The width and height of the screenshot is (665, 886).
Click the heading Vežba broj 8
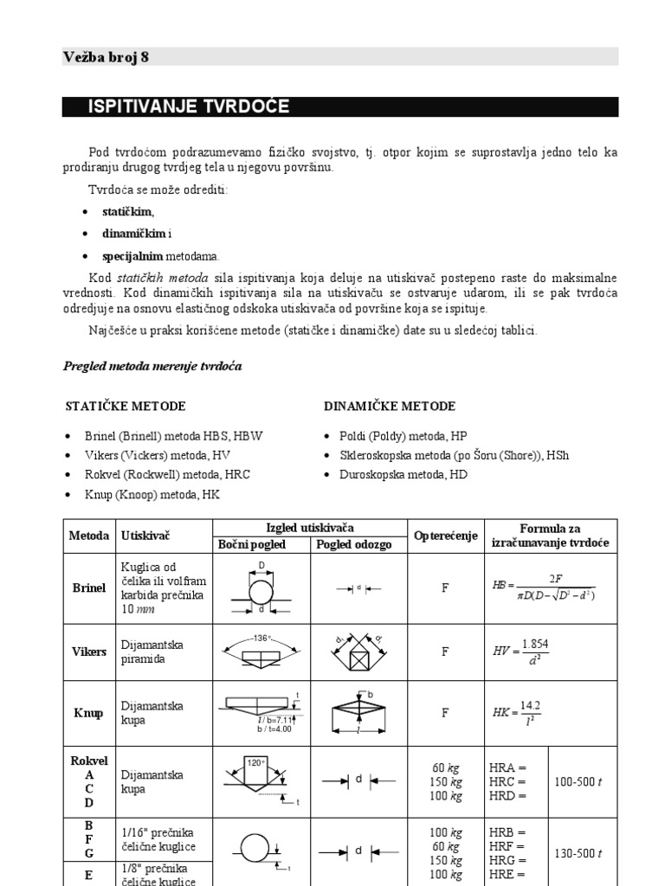click(106, 57)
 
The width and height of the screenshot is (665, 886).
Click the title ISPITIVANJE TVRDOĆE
click(188, 107)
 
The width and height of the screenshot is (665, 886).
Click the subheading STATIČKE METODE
click(126, 406)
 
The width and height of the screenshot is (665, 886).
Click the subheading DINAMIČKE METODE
click(390, 406)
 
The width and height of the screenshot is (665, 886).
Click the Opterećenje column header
click(445, 536)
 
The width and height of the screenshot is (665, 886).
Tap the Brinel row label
click(88, 588)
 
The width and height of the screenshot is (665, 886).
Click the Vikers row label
click(88, 652)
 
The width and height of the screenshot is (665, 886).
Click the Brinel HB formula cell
click(545, 588)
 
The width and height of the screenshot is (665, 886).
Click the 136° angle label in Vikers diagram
click(263, 639)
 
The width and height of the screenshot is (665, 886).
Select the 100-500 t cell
click(578, 781)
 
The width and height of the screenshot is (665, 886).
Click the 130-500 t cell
click(578, 853)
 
